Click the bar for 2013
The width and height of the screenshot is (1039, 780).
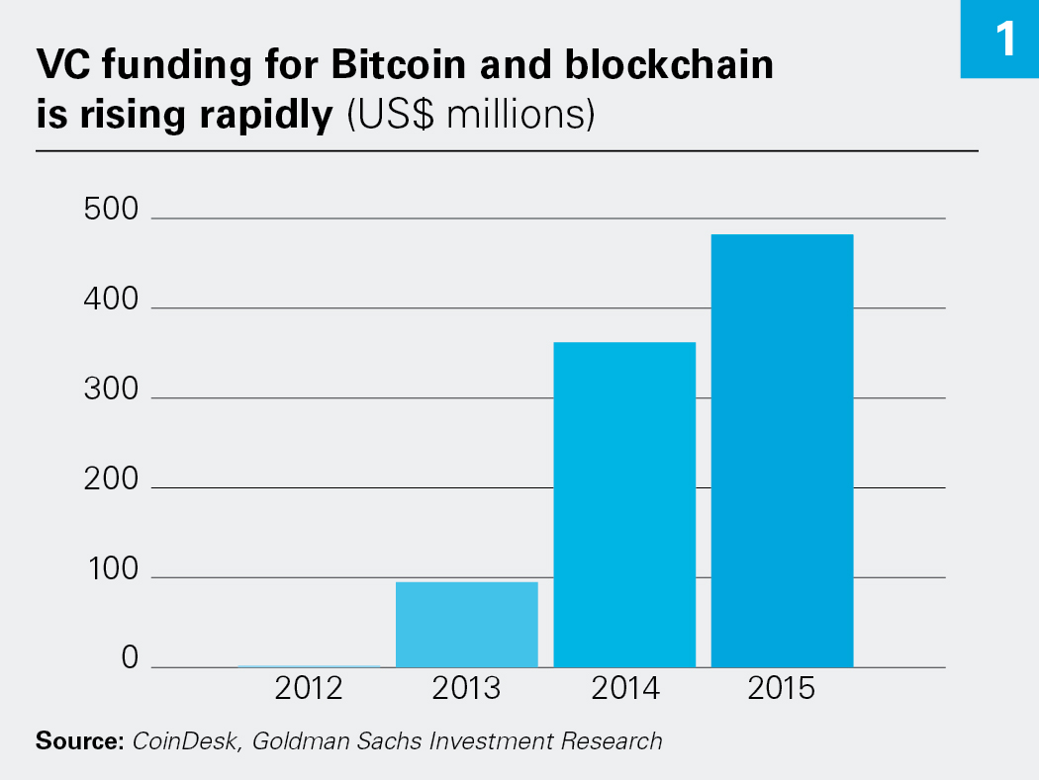(x=466, y=624)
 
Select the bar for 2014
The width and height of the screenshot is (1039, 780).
(x=624, y=504)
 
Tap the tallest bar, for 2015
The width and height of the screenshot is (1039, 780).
(x=782, y=450)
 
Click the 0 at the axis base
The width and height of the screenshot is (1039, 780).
(x=129, y=659)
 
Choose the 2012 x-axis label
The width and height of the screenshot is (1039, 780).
(x=309, y=689)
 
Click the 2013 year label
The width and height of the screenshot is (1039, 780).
(x=466, y=689)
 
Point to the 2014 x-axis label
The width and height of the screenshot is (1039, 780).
(x=624, y=689)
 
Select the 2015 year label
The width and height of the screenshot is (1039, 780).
(x=782, y=689)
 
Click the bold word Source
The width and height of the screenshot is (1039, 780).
(x=78, y=740)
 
